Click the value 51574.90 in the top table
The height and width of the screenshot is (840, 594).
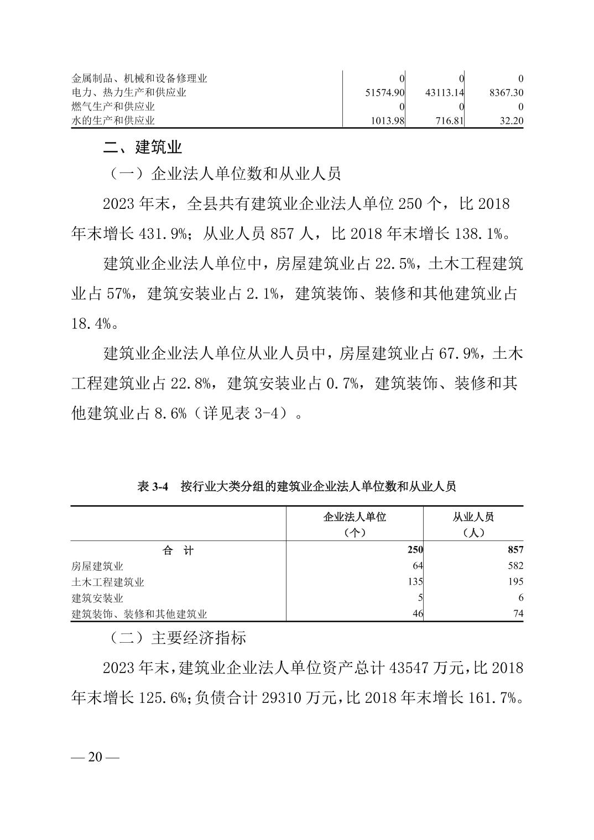(385, 93)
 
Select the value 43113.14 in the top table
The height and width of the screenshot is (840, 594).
(444, 93)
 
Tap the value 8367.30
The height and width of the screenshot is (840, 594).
(506, 93)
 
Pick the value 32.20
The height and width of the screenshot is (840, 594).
(511, 120)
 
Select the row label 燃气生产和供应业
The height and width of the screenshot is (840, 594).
(113, 107)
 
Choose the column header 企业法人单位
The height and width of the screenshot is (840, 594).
(355, 517)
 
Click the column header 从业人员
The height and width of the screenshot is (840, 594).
(473, 517)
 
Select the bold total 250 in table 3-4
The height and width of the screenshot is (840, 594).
(415, 550)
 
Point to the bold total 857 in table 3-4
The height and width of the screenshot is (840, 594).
(515, 550)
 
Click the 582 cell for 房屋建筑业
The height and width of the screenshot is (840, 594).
(515, 566)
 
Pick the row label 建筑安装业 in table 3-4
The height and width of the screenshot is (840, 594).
(97, 598)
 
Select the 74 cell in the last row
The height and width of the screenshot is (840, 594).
(518, 613)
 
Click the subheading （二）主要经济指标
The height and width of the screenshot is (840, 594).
(176, 638)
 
